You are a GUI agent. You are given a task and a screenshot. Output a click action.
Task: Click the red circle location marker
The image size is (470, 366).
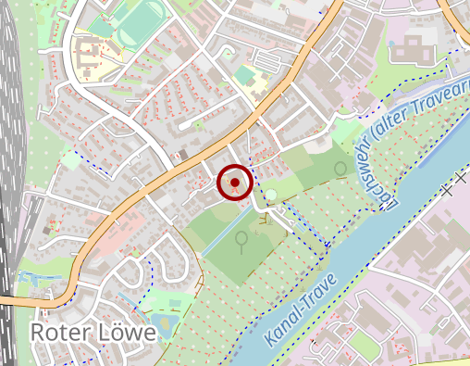tap(235, 183)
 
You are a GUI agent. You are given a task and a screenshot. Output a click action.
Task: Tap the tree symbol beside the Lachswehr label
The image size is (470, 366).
tap(340, 168)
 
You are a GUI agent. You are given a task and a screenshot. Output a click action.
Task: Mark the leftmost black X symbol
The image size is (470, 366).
tap(447, 189)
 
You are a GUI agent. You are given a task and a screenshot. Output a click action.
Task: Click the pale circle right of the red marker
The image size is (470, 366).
tap(271, 195)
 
